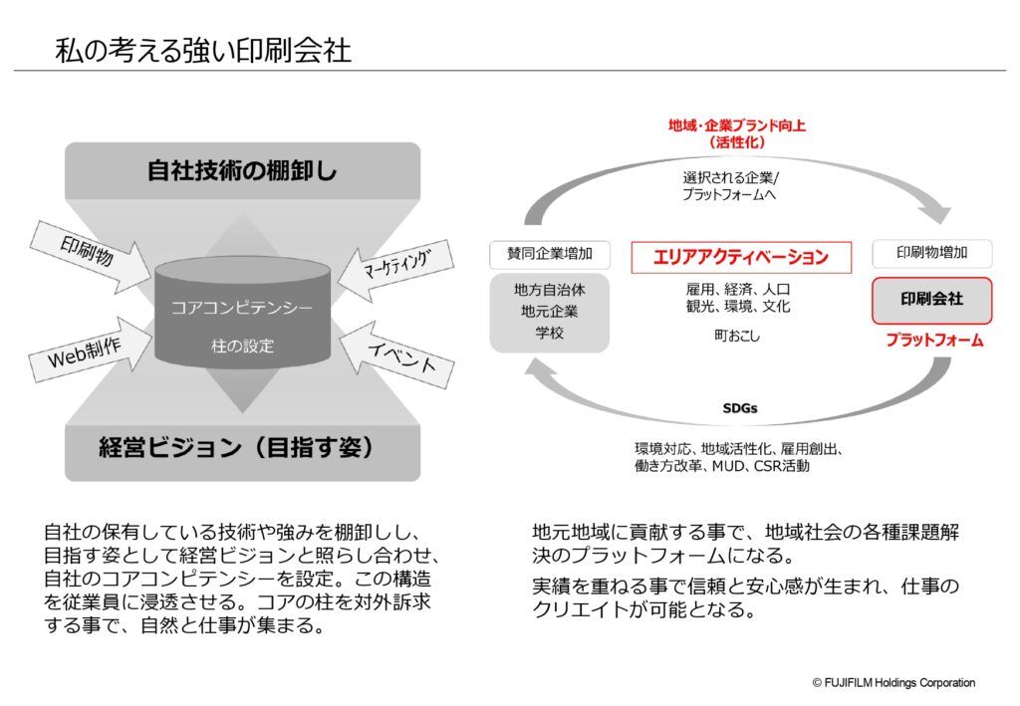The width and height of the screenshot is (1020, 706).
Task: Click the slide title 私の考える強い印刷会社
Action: [x=203, y=50]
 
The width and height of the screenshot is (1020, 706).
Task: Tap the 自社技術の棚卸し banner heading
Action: [x=242, y=171]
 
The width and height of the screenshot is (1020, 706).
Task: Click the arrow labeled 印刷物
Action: [x=91, y=256]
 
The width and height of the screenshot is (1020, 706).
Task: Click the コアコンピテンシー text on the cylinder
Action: [x=242, y=307]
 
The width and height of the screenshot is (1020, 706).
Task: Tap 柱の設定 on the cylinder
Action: [x=243, y=346]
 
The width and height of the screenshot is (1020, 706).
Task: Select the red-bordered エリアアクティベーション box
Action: [x=741, y=258]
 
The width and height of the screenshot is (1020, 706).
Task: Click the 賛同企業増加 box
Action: [x=550, y=254]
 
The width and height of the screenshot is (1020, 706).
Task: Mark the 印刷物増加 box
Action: [x=932, y=253]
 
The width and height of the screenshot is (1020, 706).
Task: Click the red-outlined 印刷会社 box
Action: [x=931, y=301]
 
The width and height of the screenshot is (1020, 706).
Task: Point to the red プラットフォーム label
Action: [x=934, y=340]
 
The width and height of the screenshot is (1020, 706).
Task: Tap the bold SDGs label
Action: [x=740, y=408]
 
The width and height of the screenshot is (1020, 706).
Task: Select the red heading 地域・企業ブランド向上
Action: [x=737, y=125]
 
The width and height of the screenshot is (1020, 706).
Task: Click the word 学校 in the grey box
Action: [x=550, y=333]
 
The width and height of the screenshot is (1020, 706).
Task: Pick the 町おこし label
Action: [x=737, y=337]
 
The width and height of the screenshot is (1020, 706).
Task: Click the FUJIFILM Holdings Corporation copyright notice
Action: [x=893, y=682]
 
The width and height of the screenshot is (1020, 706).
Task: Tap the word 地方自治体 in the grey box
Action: [x=550, y=290]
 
